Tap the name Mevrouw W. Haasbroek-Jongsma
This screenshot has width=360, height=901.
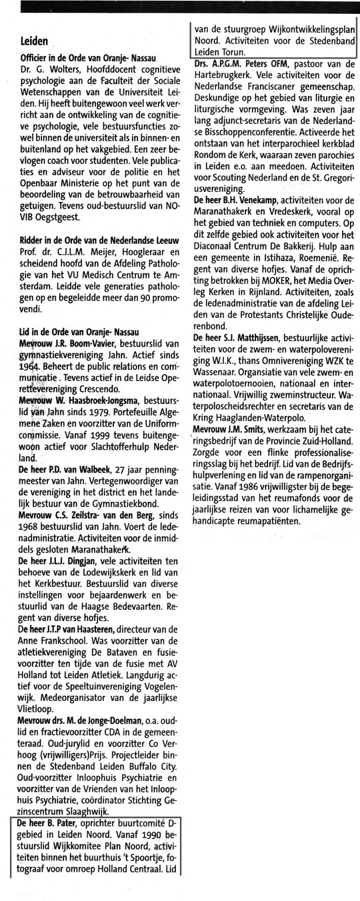click(x=79, y=419)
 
